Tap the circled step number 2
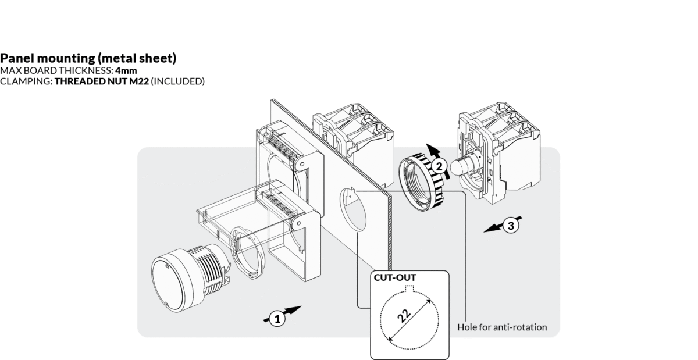coord(440,166)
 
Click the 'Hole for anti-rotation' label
coord(502,327)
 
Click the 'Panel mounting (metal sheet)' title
coord(88,58)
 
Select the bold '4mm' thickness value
coord(126,70)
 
